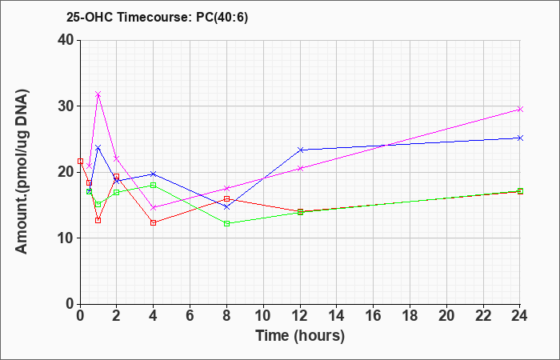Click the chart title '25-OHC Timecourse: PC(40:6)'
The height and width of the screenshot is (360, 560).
[157, 17]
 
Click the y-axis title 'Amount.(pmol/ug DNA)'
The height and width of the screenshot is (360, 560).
[22, 171]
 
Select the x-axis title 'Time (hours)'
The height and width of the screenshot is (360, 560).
[300, 336]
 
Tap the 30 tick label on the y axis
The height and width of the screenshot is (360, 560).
[66, 106]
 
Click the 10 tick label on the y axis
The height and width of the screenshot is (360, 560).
[66, 238]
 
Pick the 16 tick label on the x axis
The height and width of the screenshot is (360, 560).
[374, 316]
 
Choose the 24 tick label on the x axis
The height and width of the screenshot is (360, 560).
[520, 316]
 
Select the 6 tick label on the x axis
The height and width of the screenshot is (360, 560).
[190, 316]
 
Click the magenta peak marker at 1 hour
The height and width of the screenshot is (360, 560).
[98, 94]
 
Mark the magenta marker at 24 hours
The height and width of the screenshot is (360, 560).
[520, 109]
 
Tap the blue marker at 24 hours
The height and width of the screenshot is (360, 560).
[520, 138]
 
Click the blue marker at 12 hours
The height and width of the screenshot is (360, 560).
[300, 150]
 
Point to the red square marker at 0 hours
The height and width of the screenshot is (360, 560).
[80, 161]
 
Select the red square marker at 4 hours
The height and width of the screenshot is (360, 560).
[154, 223]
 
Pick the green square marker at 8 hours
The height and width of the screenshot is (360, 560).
[226, 223]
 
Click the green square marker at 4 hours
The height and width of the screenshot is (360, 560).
[154, 185]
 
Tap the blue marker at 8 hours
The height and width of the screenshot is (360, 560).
[226, 206]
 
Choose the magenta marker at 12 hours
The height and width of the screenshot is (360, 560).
[300, 168]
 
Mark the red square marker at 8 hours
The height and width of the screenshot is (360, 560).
[226, 198]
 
